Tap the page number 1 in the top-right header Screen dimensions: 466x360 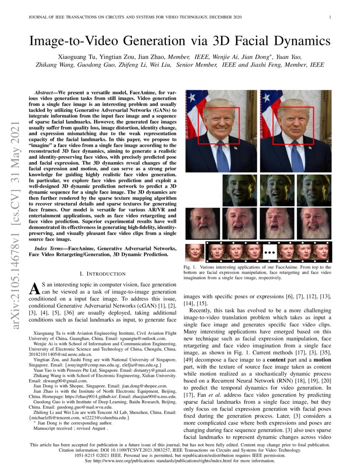point(330,17)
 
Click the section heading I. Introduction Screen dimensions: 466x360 point(102,274)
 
